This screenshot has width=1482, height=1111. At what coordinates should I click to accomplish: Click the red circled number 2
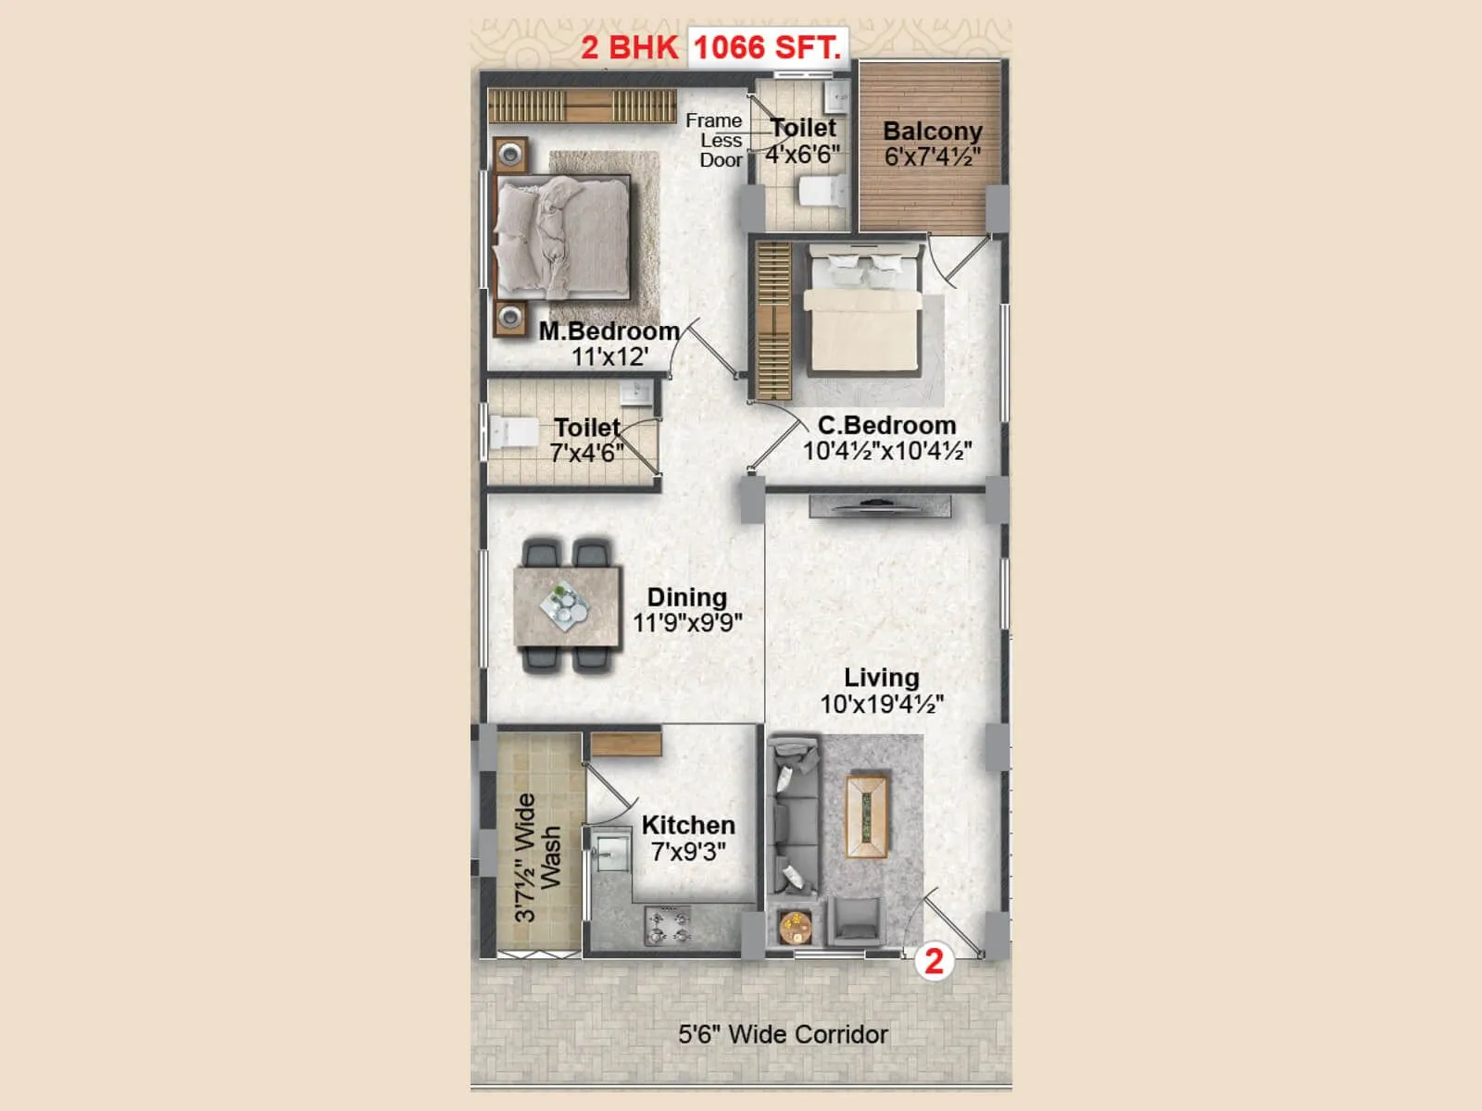[934, 961]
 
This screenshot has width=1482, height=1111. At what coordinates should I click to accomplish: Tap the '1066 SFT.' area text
[768, 47]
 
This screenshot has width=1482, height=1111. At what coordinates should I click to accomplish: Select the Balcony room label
[932, 131]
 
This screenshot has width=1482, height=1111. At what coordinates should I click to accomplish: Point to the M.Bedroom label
[609, 331]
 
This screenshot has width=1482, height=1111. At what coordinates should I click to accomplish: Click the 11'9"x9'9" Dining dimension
[687, 623]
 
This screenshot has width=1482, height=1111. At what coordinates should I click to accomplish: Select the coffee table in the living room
[866, 817]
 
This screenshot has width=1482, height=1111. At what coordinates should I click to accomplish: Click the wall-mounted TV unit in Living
[879, 506]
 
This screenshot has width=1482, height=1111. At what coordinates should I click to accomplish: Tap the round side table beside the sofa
[795, 926]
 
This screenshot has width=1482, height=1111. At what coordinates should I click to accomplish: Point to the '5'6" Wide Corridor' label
[783, 1034]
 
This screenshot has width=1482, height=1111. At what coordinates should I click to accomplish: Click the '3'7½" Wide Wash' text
[538, 856]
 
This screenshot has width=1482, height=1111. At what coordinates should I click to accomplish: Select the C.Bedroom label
[886, 426]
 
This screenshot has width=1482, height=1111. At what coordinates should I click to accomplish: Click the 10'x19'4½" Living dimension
[881, 705]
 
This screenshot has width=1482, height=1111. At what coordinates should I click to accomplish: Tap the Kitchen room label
[688, 825]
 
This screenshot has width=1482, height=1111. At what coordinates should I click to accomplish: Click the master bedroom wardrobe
[582, 106]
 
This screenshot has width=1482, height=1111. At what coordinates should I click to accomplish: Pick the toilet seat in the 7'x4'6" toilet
[511, 432]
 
